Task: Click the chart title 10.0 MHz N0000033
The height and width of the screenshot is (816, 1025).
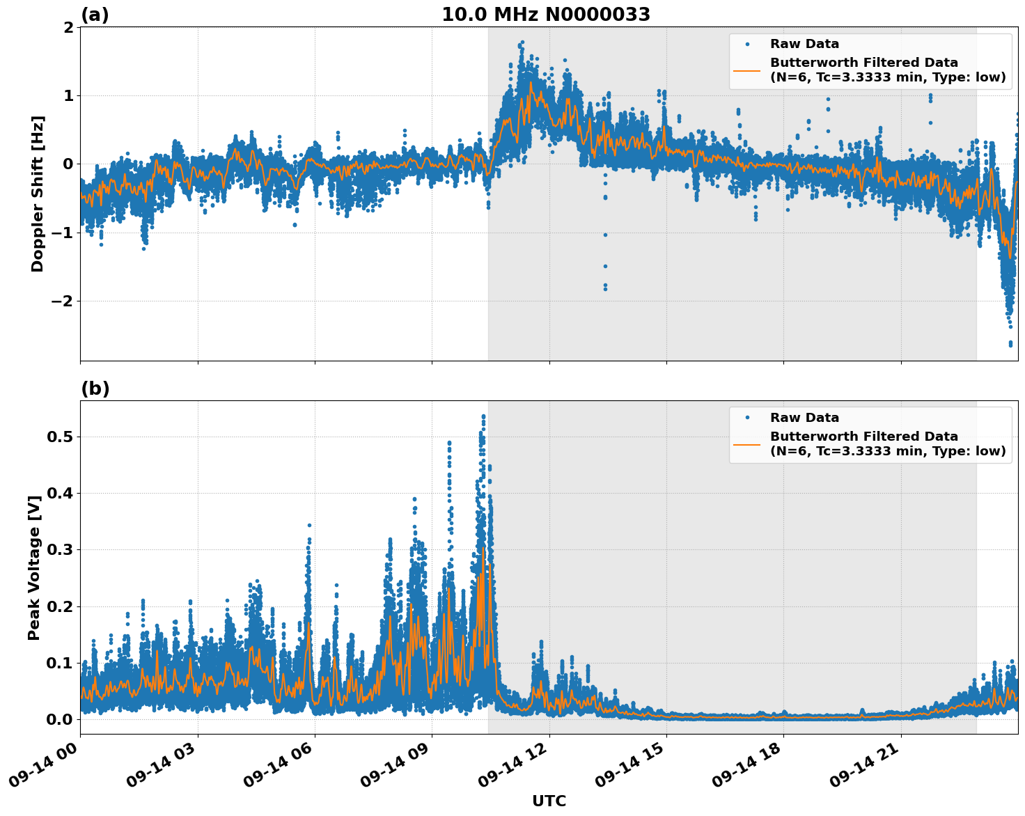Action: (545, 15)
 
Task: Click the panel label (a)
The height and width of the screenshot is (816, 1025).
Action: (95, 15)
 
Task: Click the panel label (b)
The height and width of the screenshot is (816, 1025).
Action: (95, 389)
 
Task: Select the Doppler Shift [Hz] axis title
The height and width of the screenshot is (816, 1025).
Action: (38, 194)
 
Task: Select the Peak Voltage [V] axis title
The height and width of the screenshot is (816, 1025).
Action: (34, 567)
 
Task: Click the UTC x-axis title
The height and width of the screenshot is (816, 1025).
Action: (549, 801)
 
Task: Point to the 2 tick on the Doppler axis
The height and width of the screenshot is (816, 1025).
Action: (68, 27)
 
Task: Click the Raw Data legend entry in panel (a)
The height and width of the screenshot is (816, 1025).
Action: (804, 44)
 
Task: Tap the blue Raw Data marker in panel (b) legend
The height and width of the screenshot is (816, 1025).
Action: (747, 418)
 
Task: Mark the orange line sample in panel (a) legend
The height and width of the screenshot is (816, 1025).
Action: (747, 70)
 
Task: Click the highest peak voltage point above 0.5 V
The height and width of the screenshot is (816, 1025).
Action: (483, 416)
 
